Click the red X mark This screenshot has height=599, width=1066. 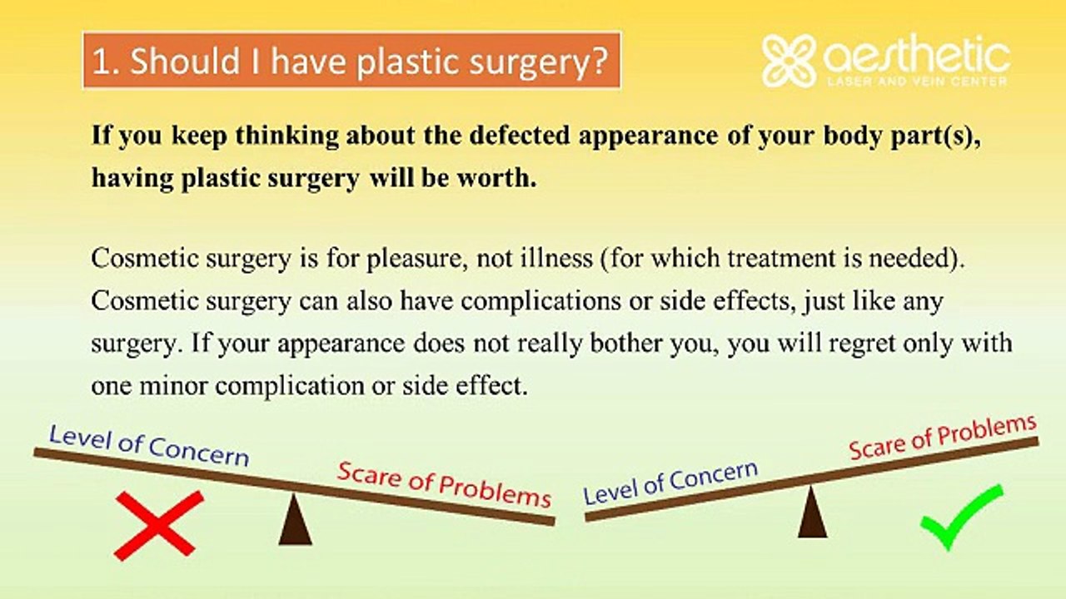[x=158, y=524]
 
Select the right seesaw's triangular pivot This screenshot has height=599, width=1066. [x=812, y=513]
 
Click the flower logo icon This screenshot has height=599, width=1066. [x=787, y=61]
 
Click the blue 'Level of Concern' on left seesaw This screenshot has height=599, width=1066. [x=149, y=446]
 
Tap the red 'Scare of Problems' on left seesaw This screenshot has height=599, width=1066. [x=444, y=484]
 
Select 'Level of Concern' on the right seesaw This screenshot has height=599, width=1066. [x=670, y=483]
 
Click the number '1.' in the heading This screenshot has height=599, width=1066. [x=106, y=62]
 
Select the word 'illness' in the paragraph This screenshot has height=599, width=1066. [x=555, y=259]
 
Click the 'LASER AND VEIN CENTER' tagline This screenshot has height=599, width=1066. [x=915, y=82]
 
